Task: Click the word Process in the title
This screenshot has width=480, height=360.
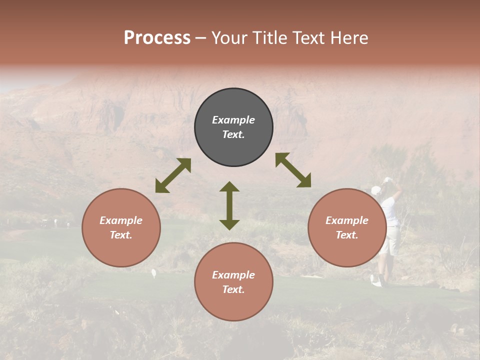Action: [157, 38]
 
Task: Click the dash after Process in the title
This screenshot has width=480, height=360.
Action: [201, 38]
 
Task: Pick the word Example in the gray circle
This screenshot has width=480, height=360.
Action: [233, 120]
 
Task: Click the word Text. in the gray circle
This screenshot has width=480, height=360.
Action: [233, 134]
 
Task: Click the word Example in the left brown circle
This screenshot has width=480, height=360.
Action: [121, 220]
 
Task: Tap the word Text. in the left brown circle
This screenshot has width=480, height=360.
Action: [121, 235]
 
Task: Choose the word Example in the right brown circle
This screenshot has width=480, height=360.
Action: [347, 220]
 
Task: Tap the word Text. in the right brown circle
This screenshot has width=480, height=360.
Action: [347, 235]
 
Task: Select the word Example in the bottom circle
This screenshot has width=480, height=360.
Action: [233, 275]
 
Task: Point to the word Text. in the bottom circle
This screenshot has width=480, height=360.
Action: [233, 289]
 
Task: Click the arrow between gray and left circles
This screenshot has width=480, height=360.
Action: [173, 175]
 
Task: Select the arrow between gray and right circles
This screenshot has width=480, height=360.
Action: [293, 170]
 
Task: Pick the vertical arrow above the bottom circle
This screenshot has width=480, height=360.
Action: [229, 205]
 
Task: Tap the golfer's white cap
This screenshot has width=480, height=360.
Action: [376, 190]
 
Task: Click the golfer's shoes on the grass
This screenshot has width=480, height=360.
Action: [377, 281]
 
